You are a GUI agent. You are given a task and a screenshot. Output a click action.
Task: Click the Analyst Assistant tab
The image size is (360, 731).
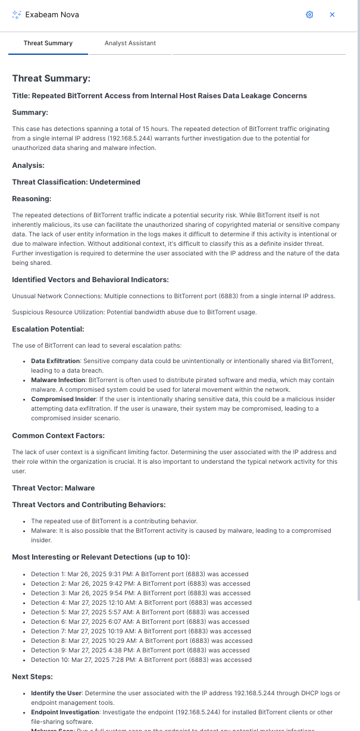(x=130, y=43)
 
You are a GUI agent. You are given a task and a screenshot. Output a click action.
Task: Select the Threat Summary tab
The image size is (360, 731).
(x=48, y=43)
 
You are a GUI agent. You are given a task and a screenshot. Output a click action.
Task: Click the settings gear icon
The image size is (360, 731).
(x=309, y=14)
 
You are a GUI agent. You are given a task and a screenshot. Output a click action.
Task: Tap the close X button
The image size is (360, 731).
(x=332, y=14)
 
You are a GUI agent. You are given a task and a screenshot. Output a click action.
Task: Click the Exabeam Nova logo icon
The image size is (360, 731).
(x=17, y=14)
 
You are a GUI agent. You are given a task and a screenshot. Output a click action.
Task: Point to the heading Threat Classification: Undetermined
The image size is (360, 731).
(x=76, y=182)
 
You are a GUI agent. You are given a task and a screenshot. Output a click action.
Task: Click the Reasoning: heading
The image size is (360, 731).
(x=32, y=199)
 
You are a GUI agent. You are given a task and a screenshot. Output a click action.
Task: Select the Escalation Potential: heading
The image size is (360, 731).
(x=48, y=329)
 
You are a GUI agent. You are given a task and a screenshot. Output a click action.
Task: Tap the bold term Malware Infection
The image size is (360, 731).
(x=58, y=379)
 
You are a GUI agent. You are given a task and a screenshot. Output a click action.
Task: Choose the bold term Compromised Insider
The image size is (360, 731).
(x=61, y=399)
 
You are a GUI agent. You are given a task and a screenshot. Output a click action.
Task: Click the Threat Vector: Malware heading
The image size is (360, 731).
(x=54, y=488)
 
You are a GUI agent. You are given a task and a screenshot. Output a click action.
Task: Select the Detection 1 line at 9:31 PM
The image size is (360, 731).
(x=139, y=574)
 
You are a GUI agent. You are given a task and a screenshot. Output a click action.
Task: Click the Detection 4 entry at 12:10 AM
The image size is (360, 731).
(x=141, y=602)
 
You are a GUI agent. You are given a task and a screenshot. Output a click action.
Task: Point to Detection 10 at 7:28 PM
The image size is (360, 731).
(x=141, y=660)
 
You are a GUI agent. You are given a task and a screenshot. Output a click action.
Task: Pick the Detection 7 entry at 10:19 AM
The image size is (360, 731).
(x=141, y=631)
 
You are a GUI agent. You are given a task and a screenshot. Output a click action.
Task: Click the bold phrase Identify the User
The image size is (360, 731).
(x=56, y=693)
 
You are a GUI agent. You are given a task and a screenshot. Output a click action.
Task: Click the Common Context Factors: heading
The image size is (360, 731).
(x=58, y=436)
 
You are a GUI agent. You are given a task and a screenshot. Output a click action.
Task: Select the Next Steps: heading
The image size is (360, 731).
(x=32, y=677)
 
